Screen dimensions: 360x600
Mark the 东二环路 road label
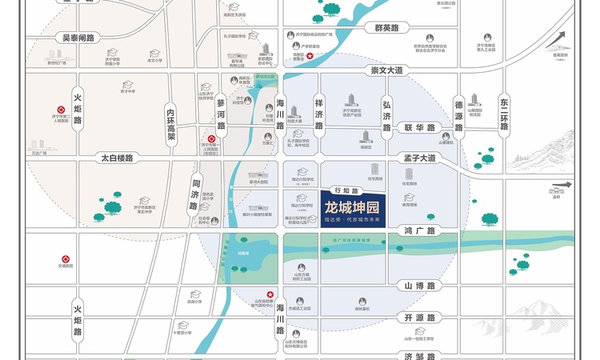(x=504, y=112)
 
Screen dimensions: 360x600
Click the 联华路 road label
(x=418, y=127)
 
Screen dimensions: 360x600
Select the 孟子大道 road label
(x=419, y=158)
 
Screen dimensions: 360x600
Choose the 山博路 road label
(x=418, y=286)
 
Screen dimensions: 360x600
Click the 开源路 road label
(x=418, y=318)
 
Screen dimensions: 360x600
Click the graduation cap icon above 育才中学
(x=126, y=84)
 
